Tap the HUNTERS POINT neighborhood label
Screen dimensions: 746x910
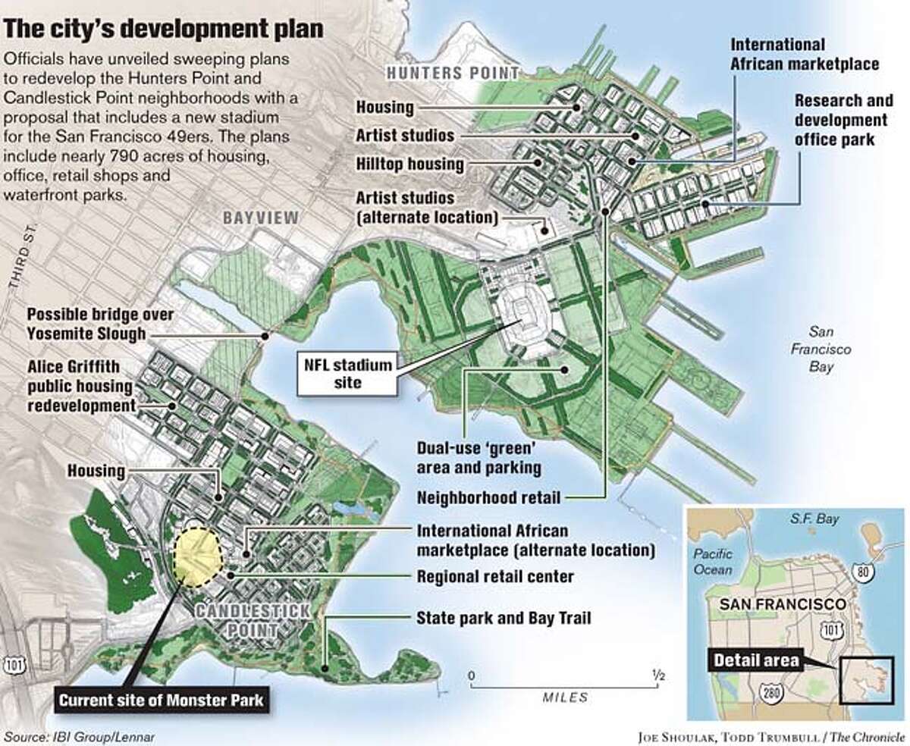(453, 73)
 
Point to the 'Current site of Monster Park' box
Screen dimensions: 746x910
(163, 700)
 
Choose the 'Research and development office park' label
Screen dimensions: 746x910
(840, 121)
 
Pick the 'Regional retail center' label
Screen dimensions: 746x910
(495, 577)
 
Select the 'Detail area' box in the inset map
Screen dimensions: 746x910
(755, 660)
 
